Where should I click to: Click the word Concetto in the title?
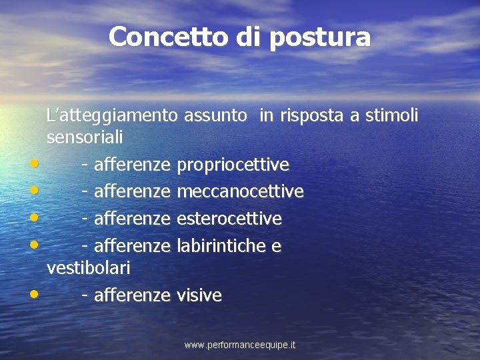tap(169, 37)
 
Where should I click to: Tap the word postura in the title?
tap(320, 37)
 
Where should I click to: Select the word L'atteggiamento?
tap(112, 116)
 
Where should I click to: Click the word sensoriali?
tap(85, 137)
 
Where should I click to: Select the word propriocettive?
tap(233, 164)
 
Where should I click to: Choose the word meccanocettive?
tap(240, 191)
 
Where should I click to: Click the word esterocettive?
tap(229, 219)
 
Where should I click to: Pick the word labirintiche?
tap(221, 246)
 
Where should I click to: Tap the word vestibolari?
tap(89, 268)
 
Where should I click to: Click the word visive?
tap(199, 295)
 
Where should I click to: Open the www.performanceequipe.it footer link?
tap(240, 345)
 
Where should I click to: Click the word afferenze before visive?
tap(132, 295)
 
